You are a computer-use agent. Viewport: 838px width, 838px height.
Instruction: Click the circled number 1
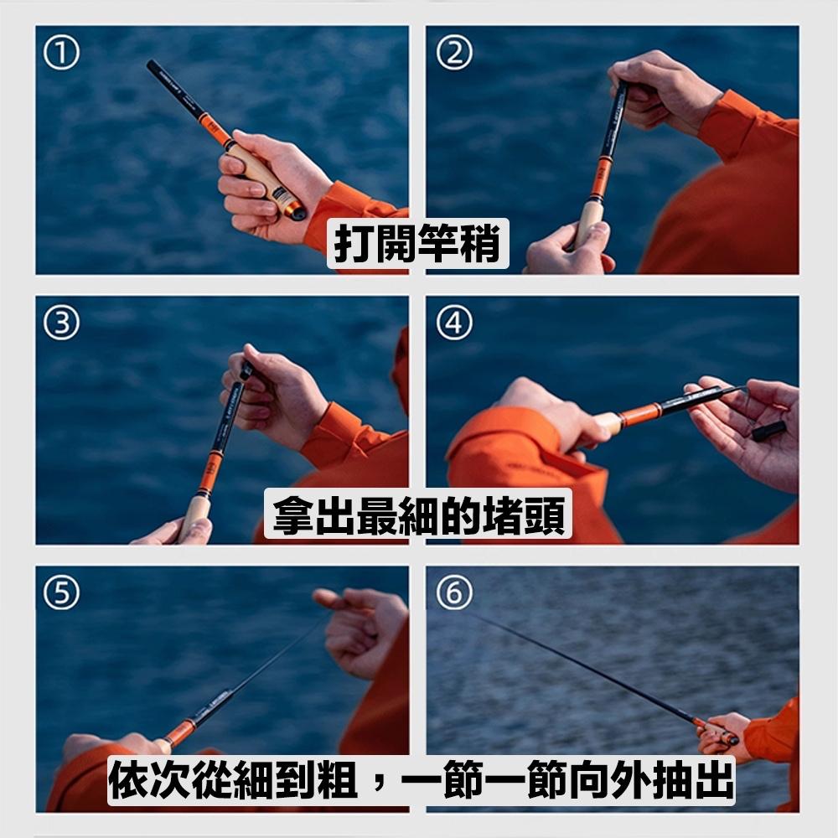(63, 54)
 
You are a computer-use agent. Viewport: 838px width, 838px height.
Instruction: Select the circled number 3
(63, 323)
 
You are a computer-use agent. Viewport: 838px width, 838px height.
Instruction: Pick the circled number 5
(63, 593)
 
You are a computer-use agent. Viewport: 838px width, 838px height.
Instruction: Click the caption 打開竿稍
(417, 243)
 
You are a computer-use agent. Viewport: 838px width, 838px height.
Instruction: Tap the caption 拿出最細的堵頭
(418, 514)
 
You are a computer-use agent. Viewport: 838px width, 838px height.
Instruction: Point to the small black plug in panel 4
(768, 431)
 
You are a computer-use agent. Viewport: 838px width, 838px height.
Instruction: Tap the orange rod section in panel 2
(600, 179)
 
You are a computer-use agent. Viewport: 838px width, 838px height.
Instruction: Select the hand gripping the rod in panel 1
(260, 184)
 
